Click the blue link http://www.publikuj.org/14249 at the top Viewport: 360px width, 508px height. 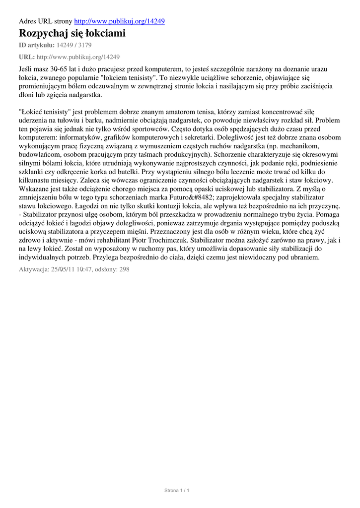pyautogui.click(x=119, y=21)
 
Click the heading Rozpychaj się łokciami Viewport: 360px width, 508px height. pyautogui.click(x=72, y=34)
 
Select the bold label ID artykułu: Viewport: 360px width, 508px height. pyautogui.click(x=36, y=46)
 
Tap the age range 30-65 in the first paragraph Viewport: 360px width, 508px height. pyautogui.click(x=66, y=69)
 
